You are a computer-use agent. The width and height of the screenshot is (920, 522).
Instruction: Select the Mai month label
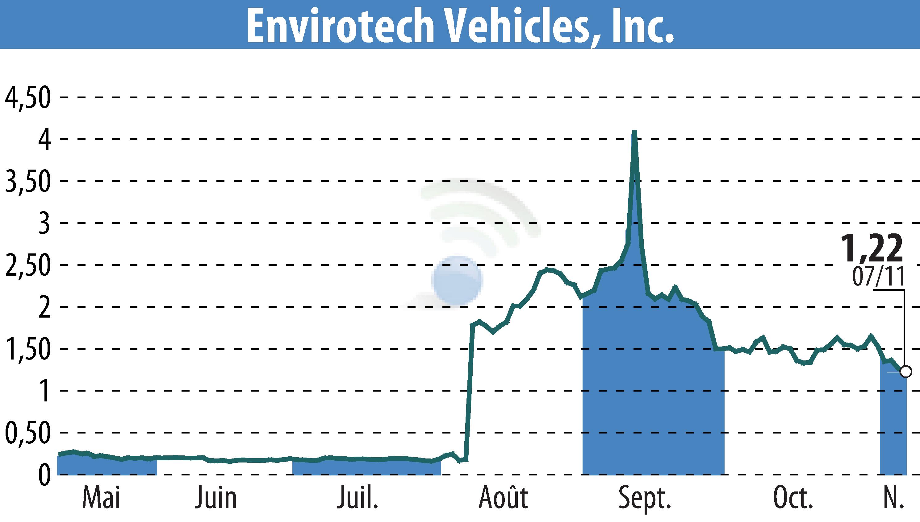coord(101,498)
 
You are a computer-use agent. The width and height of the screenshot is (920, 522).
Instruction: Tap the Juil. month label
coord(358,498)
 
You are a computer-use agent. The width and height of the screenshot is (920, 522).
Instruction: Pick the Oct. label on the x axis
coord(793,498)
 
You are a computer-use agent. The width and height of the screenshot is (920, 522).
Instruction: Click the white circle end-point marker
coord(905,372)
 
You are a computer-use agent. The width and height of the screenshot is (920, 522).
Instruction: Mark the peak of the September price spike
coord(635,132)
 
